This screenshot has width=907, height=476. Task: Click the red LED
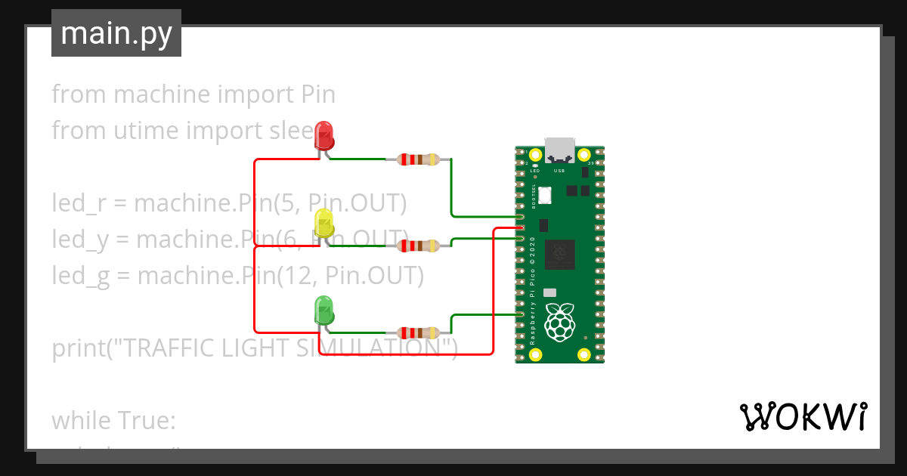tap(324, 135)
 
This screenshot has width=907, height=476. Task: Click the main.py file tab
tap(116, 33)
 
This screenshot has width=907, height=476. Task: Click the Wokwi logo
tap(802, 416)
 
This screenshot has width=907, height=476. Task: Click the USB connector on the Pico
tap(560, 150)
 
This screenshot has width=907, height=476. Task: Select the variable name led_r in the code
tap(78, 204)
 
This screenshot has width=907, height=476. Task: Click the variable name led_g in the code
tap(79, 276)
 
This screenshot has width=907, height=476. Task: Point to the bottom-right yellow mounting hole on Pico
tap(584, 354)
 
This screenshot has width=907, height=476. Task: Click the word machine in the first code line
tap(162, 94)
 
